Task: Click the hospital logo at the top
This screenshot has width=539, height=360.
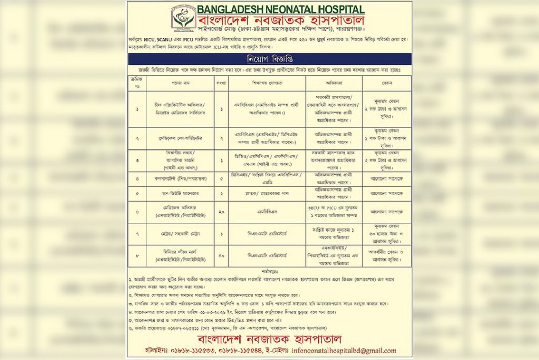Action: click(x=183, y=17)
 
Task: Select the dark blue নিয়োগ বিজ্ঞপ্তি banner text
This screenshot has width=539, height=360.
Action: click(x=269, y=58)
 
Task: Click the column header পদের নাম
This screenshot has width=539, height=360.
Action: click(x=180, y=83)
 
